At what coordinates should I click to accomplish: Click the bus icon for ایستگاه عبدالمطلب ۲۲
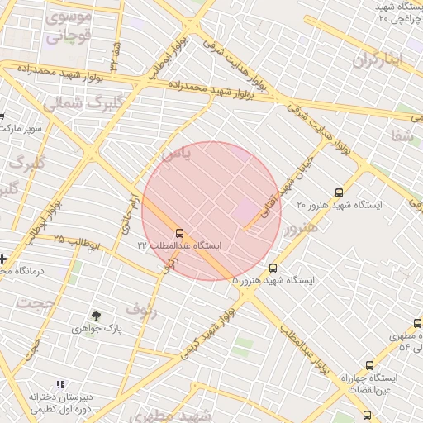point(180,233)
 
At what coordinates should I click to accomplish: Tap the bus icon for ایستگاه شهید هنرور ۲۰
point(339,192)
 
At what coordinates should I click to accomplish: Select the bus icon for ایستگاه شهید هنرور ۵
point(273,268)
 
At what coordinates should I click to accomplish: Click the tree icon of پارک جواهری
point(97,316)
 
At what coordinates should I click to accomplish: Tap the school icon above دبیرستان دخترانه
point(59,384)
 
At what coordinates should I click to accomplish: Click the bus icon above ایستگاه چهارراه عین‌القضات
point(368,364)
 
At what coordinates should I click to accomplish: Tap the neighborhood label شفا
point(403,137)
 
